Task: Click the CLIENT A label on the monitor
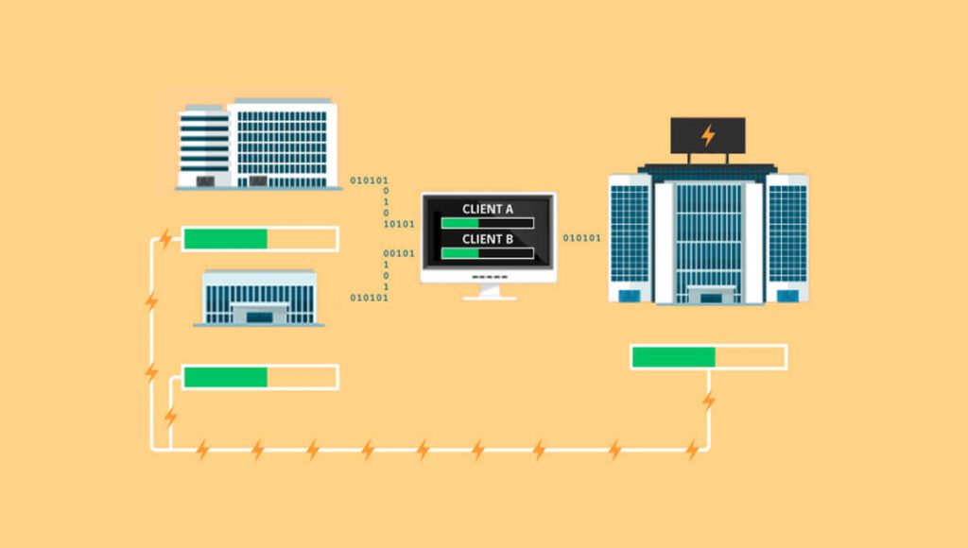(487, 209)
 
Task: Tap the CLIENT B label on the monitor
(487, 239)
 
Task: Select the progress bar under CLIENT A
(488, 223)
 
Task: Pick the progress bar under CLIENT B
(488, 253)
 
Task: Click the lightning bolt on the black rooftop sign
(708, 135)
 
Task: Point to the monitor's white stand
(490, 292)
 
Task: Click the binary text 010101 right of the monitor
(581, 237)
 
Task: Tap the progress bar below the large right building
(709, 357)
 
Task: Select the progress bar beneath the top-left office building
(260, 239)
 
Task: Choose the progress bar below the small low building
(260, 377)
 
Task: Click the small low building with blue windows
(259, 298)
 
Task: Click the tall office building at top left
(258, 144)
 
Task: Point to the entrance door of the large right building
(711, 297)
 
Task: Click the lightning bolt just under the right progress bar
(709, 401)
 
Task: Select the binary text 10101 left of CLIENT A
(399, 224)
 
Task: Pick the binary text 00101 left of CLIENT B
(399, 253)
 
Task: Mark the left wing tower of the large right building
(631, 238)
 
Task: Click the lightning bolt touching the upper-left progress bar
(165, 238)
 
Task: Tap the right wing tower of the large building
(787, 238)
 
